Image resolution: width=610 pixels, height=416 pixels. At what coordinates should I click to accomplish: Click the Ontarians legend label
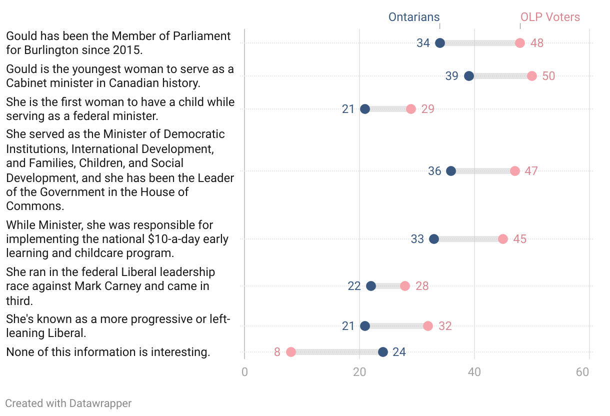[414, 17]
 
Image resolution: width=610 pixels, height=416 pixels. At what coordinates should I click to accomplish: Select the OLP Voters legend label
[550, 17]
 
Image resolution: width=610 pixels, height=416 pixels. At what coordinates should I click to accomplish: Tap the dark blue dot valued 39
[469, 76]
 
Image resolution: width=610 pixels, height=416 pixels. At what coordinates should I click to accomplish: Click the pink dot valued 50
[532, 76]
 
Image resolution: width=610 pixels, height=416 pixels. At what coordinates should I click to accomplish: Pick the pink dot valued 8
[291, 352]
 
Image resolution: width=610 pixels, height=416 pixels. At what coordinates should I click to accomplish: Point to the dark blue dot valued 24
[383, 352]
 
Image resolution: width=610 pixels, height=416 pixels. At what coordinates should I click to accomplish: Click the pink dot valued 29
[411, 109]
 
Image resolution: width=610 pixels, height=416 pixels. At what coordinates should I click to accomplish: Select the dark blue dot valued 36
[451, 171]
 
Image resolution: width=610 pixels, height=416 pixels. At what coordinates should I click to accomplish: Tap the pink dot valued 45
[503, 239]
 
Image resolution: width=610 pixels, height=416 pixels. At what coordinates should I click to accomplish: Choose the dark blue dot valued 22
[371, 286]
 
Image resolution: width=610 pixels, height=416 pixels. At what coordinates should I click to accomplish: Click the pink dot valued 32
[428, 326]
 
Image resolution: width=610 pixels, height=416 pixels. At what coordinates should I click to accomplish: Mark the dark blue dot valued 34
[440, 43]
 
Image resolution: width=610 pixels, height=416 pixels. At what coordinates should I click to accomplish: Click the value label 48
[537, 43]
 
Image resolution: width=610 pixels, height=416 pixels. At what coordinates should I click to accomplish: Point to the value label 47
[531, 171]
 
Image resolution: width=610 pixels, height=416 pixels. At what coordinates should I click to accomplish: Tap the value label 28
[422, 286]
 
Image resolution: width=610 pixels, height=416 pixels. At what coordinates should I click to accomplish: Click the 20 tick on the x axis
[359, 372]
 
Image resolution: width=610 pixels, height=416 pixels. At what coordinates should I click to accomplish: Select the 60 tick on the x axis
[582, 372]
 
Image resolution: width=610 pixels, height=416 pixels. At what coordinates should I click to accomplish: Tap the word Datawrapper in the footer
[100, 403]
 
